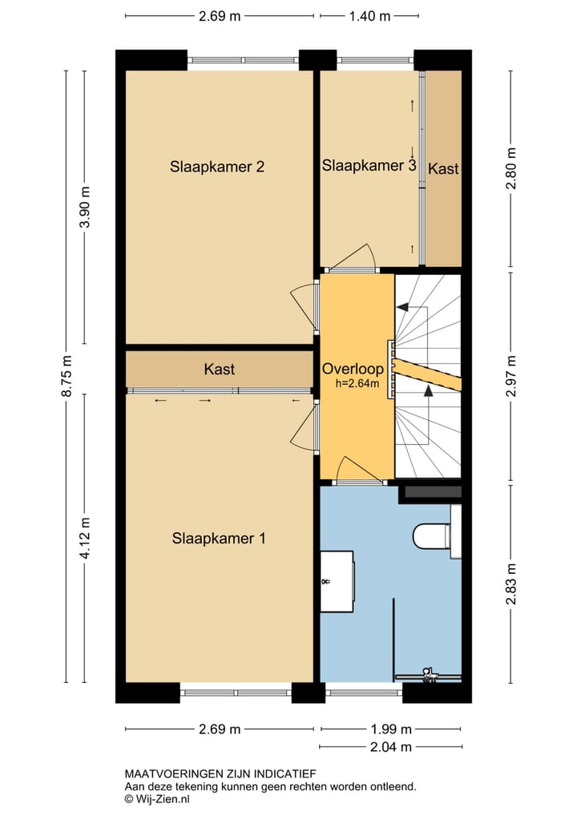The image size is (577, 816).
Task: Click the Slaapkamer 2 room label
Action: pyautogui.click(x=217, y=167)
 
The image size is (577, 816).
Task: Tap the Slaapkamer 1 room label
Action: pyautogui.click(x=219, y=538)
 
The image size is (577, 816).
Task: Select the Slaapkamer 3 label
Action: pyautogui.click(x=369, y=165)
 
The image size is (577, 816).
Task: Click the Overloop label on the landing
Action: pyautogui.click(x=353, y=369)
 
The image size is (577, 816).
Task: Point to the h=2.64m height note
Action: pyautogui.click(x=357, y=385)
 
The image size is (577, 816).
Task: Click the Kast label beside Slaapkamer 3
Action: pyautogui.click(x=443, y=168)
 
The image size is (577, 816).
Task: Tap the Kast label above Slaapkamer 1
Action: pyautogui.click(x=219, y=369)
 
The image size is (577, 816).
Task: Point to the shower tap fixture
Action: pyautogui.click(x=429, y=674)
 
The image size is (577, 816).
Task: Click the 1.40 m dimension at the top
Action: pyautogui.click(x=369, y=16)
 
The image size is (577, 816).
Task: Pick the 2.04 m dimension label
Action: pyautogui.click(x=391, y=747)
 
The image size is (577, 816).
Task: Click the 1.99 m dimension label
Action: pyautogui.click(x=391, y=729)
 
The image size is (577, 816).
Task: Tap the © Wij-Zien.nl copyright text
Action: pyautogui.click(x=156, y=799)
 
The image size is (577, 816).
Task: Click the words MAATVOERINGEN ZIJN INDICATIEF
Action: pyautogui.click(x=220, y=774)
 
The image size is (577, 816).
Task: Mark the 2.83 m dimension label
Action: pyautogui.click(x=511, y=584)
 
